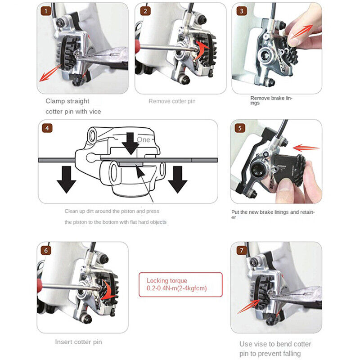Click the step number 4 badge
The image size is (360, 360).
pos(47,128)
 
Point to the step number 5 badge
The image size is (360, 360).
pos(240,128)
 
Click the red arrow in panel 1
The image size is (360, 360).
pos(50,73)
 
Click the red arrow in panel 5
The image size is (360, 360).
pos(306,147)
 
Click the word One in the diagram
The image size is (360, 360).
pos(144,140)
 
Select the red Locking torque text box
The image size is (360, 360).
pos(180,284)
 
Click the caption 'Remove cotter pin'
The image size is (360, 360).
pos(172,101)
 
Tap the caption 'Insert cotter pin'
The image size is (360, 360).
pos(78,342)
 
